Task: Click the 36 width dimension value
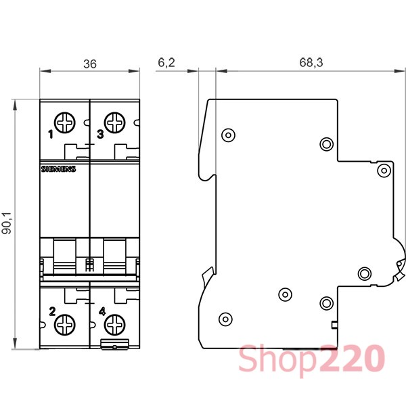(90, 64)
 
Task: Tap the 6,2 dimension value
(166, 63)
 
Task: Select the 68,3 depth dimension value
(311, 63)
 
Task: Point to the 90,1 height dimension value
(7, 223)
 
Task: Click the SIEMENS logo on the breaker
(58, 169)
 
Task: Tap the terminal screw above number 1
(65, 122)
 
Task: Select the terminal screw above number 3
(115, 122)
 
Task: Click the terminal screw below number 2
(65, 325)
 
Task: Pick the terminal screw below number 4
(115, 325)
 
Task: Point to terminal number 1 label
(51, 135)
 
